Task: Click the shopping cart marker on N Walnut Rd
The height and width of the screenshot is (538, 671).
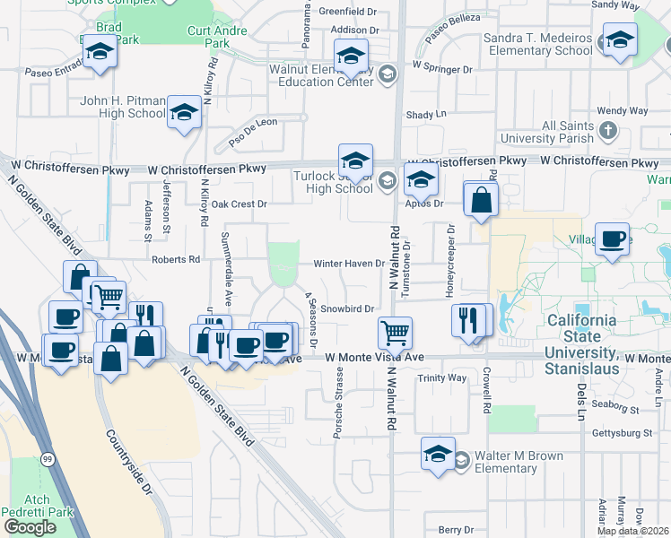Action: [395, 333]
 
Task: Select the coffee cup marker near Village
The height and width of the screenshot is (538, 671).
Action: [613, 239]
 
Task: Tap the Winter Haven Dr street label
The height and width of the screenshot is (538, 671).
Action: [349, 264]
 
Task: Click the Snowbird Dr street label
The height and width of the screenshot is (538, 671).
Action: [346, 309]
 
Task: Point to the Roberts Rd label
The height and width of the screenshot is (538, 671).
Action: [176, 260]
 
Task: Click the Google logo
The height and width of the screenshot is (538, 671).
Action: [30, 527]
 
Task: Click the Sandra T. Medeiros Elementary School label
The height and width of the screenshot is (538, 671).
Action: [537, 45]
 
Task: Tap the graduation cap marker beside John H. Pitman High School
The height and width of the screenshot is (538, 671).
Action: [185, 112]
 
